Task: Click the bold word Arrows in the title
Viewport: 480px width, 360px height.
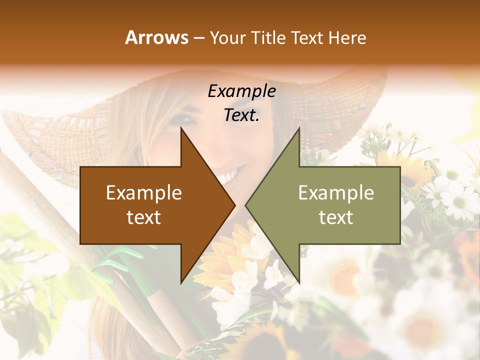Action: (x=156, y=37)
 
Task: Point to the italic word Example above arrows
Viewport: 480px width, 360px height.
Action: (x=241, y=91)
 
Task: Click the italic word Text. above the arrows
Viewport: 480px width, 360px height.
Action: (x=241, y=115)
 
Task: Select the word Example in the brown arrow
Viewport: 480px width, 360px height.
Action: (x=144, y=193)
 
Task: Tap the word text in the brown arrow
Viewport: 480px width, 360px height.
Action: (x=144, y=217)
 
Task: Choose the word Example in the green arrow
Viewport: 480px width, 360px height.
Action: (x=336, y=193)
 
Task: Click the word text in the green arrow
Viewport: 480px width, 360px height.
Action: (x=336, y=217)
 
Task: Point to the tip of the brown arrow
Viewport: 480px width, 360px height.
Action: (x=234, y=205)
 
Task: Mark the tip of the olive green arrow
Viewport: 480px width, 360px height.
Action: (x=246, y=205)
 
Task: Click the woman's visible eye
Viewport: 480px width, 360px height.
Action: (x=186, y=119)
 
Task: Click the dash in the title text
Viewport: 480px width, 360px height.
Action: (x=198, y=38)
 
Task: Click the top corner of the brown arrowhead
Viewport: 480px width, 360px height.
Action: (x=181, y=128)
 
